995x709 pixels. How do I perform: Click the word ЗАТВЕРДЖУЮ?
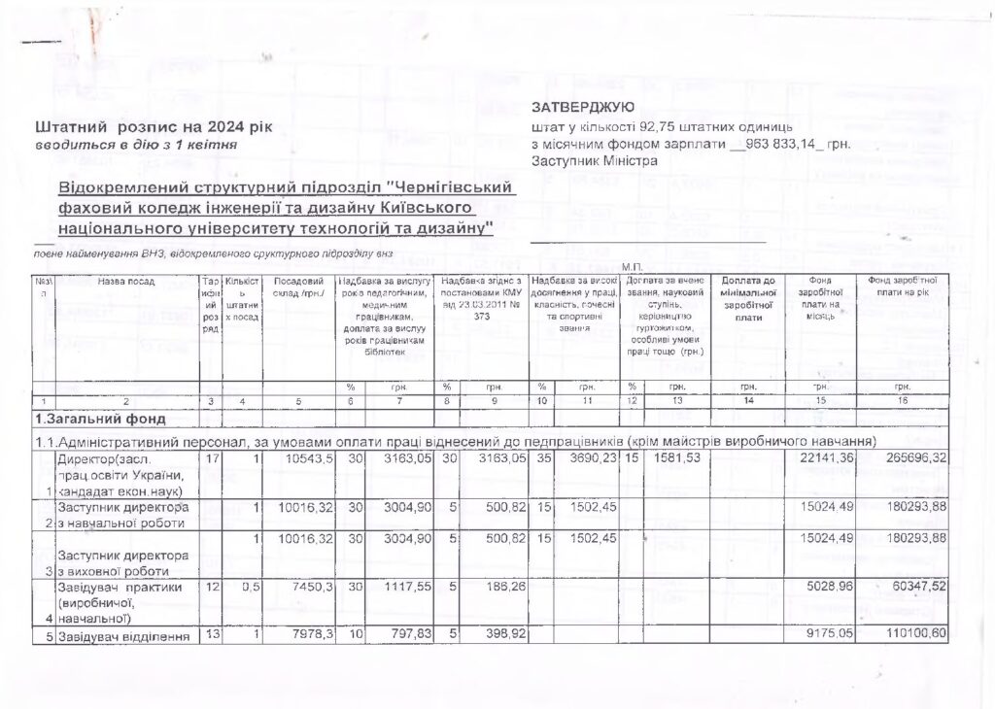pos(583,107)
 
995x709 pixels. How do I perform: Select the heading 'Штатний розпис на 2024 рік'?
pos(154,127)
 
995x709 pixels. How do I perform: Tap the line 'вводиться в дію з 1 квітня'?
pos(136,145)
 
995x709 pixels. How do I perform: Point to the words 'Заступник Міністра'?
pos(595,161)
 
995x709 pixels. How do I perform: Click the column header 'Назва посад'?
pos(126,282)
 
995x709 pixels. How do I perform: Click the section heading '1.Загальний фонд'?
pos(95,420)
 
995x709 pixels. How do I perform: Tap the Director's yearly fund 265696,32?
pos(939,457)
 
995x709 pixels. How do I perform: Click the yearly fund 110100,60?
pos(939,636)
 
